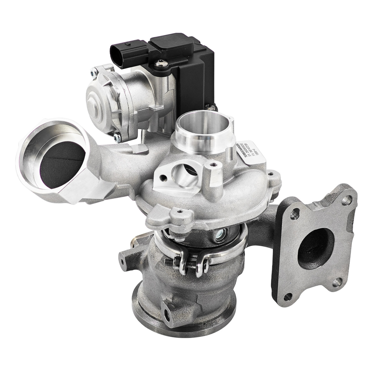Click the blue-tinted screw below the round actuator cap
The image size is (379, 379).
tap(116, 136)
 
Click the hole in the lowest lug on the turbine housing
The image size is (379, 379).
tap(167, 313)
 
